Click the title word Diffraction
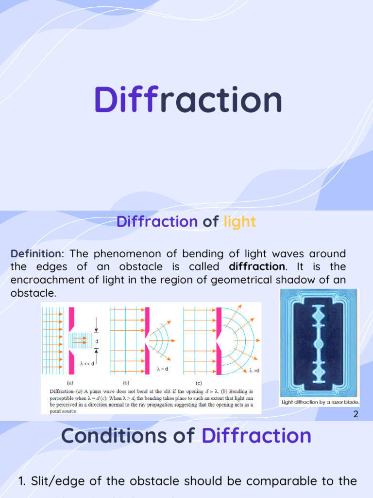click(x=188, y=100)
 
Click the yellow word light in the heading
click(x=239, y=222)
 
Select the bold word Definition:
click(x=37, y=254)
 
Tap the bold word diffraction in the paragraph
click(x=256, y=267)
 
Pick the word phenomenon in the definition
click(x=129, y=254)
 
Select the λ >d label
click(x=254, y=371)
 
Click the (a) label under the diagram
click(x=69, y=383)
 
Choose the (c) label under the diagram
click(x=198, y=383)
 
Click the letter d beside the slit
click(x=97, y=341)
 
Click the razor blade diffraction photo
click(x=319, y=343)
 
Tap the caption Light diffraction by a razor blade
click(x=320, y=403)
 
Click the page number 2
click(x=356, y=414)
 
